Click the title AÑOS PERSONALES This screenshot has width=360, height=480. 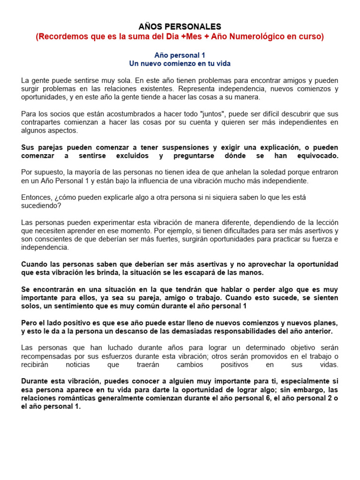tap(180, 27)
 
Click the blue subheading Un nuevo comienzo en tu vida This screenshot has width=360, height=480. tap(180, 63)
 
